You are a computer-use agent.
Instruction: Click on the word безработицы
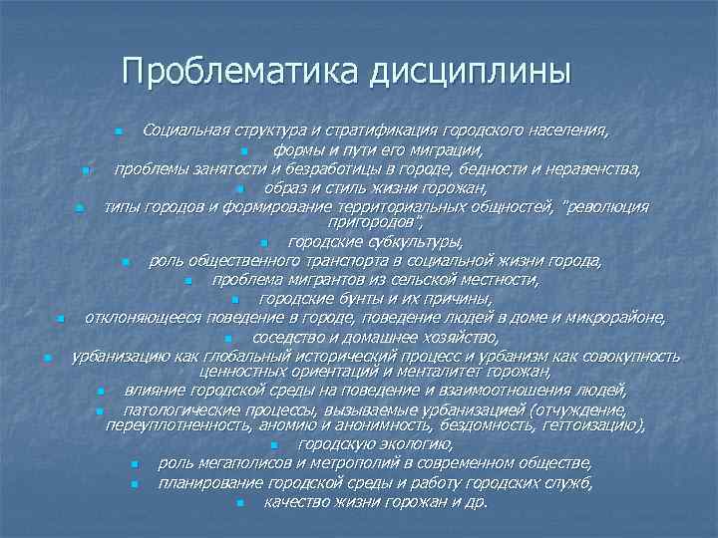(x=298, y=169)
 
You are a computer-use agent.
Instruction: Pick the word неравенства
(x=592, y=169)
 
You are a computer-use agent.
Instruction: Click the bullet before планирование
(x=134, y=483)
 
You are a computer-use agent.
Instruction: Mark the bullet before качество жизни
(x=240, y=502)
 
